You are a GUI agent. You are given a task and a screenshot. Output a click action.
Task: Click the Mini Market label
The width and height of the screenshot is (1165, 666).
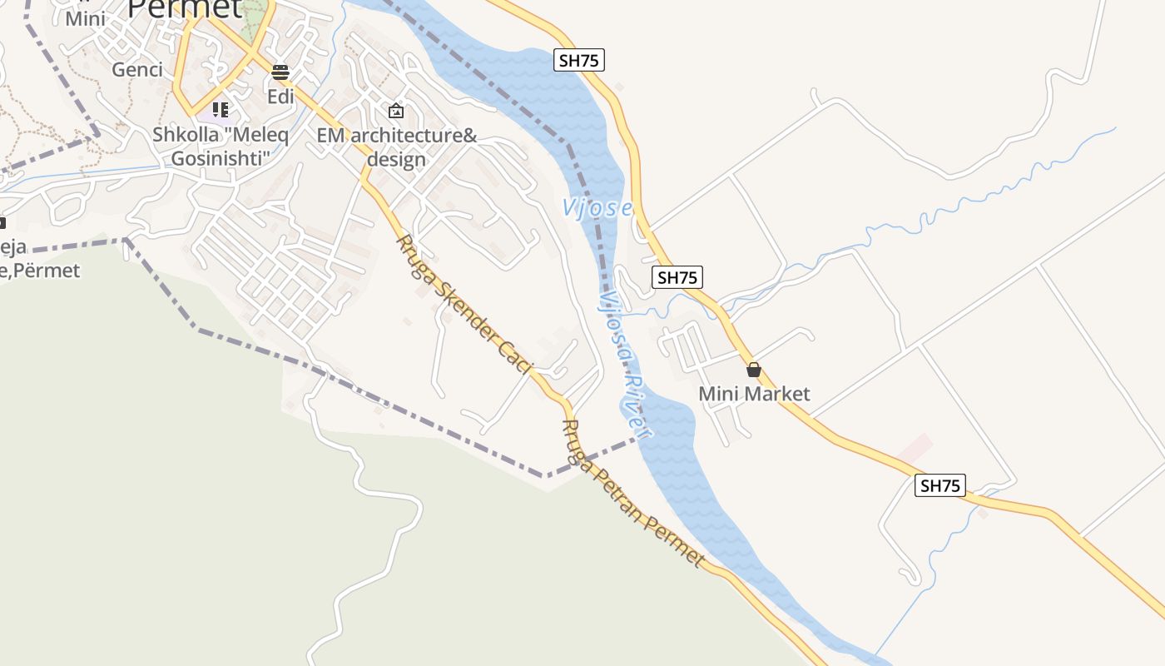[754, 394]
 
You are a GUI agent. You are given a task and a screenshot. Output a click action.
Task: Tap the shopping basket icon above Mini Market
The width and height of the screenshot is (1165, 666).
[754, 369]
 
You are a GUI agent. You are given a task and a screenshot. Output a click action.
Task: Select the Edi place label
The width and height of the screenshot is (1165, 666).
[280, 97]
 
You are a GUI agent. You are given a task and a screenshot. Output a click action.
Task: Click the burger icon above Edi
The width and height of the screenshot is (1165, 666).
[280, 72]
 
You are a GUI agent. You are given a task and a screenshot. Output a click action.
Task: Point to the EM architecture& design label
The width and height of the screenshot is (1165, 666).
[397, 147]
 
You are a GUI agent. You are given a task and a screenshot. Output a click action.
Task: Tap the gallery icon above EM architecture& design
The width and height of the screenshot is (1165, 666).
[396, 110]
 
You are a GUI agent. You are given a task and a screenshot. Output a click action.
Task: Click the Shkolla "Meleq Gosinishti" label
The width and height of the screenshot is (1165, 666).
[221, 147]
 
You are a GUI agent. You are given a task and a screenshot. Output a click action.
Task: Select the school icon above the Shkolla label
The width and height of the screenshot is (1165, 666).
[221, 109]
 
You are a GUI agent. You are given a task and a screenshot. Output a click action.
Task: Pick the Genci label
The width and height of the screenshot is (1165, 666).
[137, 69]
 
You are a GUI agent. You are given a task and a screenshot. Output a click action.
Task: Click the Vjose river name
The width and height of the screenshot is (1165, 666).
[597, 208]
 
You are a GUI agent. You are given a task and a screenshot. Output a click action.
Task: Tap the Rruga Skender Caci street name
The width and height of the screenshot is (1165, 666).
[464, 305]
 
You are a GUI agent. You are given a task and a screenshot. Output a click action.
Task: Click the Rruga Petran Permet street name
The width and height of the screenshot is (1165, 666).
[633, 494]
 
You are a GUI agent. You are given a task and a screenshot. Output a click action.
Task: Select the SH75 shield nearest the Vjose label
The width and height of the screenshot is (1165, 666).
[677, 277]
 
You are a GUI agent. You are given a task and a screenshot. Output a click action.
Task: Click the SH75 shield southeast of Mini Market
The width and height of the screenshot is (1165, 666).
[940, 485]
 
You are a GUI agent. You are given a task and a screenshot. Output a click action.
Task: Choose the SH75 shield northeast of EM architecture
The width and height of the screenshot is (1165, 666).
[579, 60]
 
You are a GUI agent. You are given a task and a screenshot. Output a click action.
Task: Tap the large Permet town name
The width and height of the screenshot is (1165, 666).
[185, 8]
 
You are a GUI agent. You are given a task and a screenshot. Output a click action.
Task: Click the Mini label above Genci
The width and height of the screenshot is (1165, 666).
[86, 17]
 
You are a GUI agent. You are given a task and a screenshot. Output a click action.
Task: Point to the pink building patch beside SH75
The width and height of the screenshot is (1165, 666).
[915, 450]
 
